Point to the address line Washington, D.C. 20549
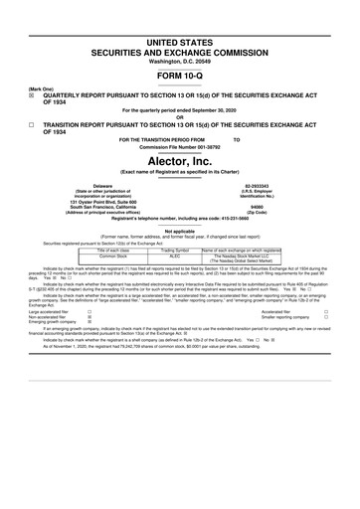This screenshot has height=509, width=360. point(179,32)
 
